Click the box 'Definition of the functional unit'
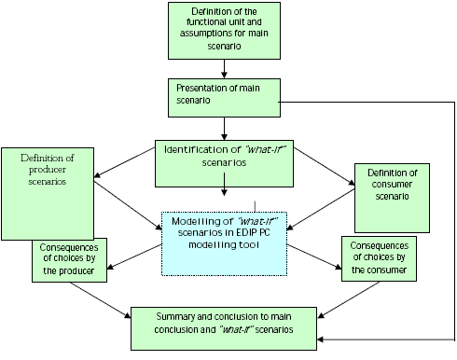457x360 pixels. pos(223,29)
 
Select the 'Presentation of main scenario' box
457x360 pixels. pos(222,94)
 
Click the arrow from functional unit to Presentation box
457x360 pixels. pos(223,67)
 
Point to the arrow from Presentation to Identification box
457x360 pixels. pos(223,125)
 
